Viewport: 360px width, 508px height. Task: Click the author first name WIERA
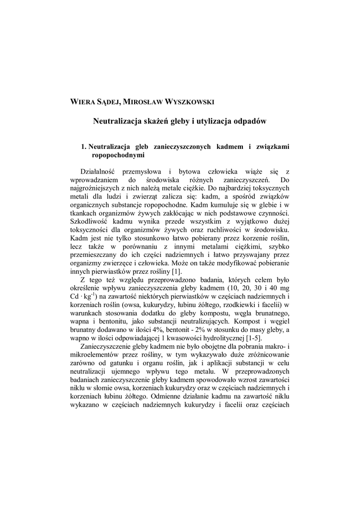pyautogui.click(x=82, y=102)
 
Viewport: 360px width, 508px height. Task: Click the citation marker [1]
pyautogui.click(x=176, y=272)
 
